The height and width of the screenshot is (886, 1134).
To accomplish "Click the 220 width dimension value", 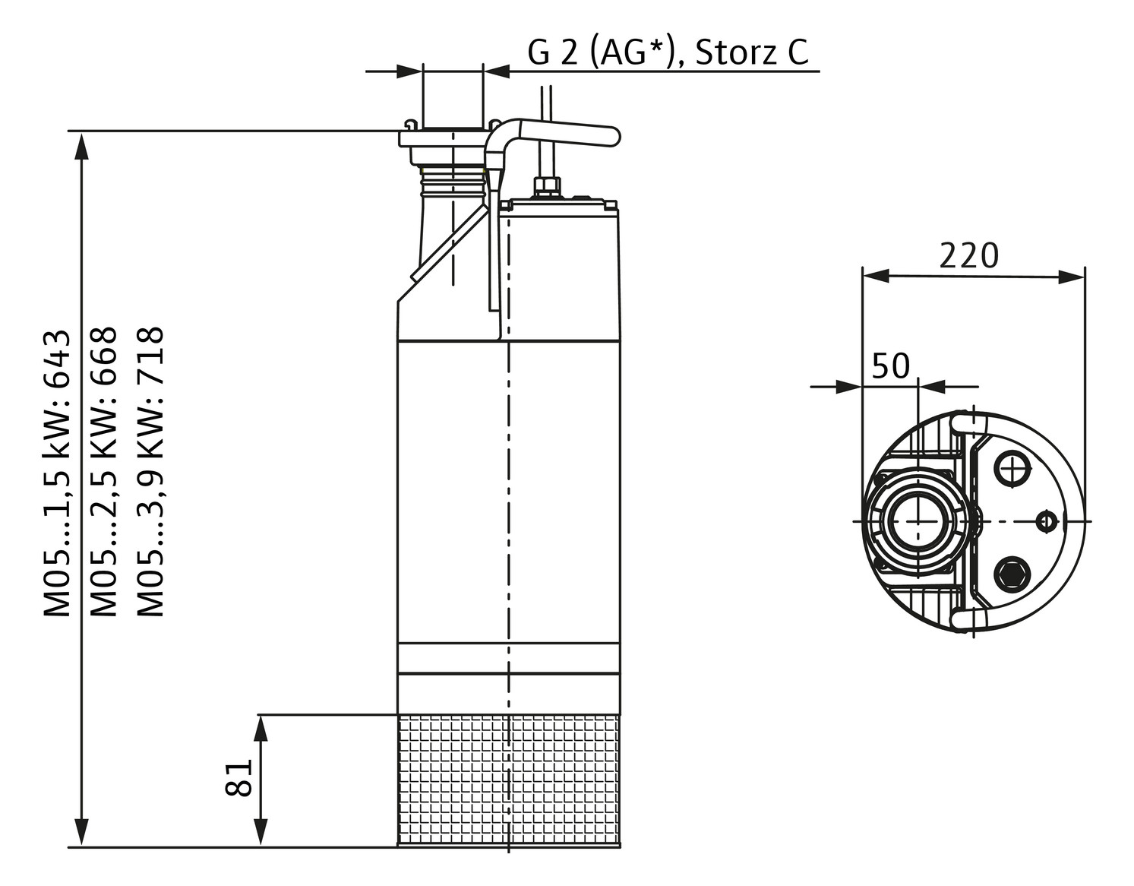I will [x=968, y=256].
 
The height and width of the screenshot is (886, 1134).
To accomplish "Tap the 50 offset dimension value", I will [x=890, y=365].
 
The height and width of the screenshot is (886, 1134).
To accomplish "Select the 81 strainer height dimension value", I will [x=239, y=777].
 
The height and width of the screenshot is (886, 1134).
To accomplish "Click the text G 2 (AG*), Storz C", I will [x=668, y=52].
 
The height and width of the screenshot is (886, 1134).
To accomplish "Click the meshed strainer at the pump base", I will [x=509, y=780].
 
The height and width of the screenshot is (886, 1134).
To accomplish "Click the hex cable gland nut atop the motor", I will [x=547, y=186].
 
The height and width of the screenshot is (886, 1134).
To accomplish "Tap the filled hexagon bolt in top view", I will [x=1012, y=573].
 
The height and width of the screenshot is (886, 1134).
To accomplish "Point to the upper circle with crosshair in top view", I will [x=1012, y=470].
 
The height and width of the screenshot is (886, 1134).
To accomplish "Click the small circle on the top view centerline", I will [x=1046, y=521].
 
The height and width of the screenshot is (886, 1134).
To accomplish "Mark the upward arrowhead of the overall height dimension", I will [x=81, y=145].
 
